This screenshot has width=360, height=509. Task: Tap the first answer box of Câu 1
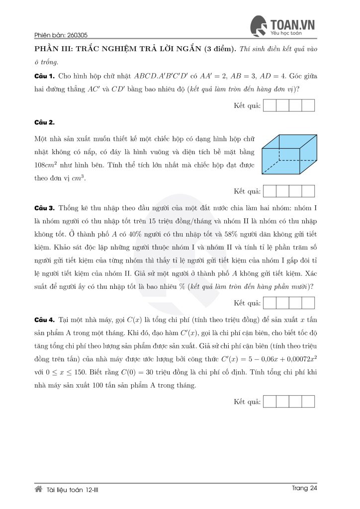(269, 105)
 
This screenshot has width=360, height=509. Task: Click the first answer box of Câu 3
(269, 303)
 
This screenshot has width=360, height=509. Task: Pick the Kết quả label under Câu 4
(247, 401)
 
